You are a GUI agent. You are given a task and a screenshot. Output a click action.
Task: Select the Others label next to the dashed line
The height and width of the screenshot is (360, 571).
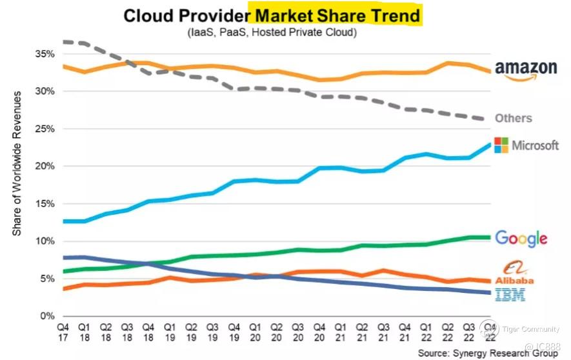point(513,118)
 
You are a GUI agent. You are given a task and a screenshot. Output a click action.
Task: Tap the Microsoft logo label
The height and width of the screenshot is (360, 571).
point(526,145)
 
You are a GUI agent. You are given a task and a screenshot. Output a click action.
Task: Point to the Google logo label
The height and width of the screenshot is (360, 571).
point(521,238)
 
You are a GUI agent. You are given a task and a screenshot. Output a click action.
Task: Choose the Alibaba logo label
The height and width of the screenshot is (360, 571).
point(515,274)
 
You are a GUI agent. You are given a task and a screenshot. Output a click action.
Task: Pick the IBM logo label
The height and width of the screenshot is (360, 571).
point(510,295)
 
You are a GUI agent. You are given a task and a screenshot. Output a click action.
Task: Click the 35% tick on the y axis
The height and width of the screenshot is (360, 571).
point(45,54)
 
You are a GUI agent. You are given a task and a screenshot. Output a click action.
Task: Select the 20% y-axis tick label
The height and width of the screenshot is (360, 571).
point(45,166)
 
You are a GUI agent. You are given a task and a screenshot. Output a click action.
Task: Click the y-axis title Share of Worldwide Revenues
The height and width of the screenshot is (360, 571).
point(17,163)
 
